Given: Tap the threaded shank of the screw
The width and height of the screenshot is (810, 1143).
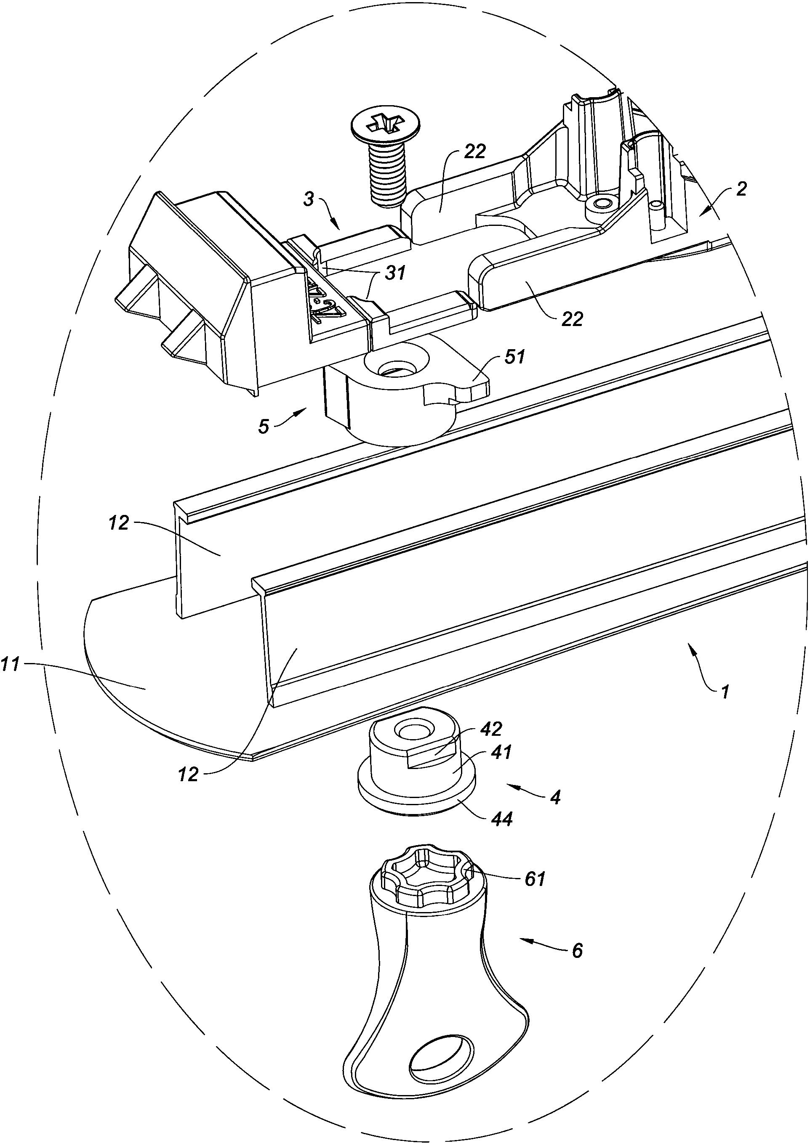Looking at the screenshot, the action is click(387, 175).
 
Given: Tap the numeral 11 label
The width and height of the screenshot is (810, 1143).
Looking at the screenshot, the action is click(11, 664).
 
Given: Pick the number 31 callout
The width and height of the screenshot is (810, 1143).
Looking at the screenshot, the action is click(394, 273).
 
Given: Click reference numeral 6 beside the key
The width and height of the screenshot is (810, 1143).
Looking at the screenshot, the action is click(577, 951).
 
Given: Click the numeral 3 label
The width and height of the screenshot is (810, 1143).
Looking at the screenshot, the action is click(309, 200).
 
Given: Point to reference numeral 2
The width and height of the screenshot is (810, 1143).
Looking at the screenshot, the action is click(741, 189).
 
